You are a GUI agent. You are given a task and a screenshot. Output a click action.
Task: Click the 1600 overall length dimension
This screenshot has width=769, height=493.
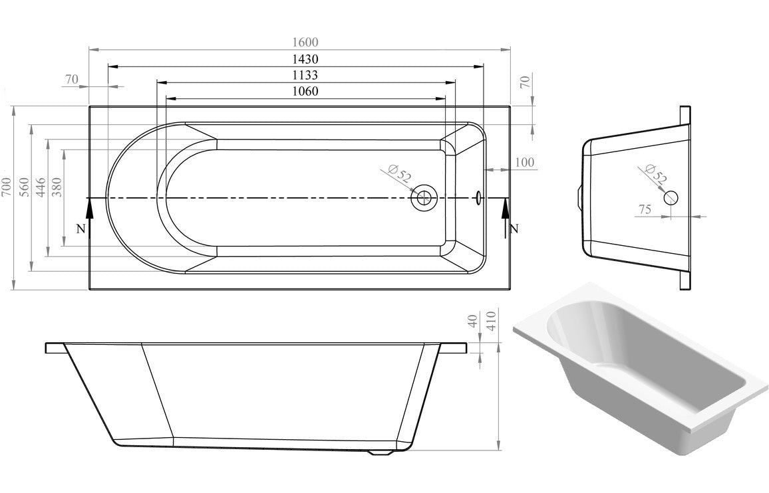tap(299, 42)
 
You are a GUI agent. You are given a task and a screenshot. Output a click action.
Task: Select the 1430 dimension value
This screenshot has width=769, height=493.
tap(299, 58)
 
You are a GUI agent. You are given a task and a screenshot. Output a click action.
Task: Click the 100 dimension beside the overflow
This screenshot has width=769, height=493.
tap(524, 163)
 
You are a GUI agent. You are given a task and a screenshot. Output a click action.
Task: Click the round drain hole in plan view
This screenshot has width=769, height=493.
tap(423, 198)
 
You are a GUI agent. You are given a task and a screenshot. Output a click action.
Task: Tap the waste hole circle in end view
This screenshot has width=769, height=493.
tap(671, 197)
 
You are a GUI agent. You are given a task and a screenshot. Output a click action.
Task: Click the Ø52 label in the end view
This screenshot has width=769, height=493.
tap(656, 174)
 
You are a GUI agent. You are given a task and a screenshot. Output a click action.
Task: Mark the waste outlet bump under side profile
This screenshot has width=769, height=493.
tap(381, 454)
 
